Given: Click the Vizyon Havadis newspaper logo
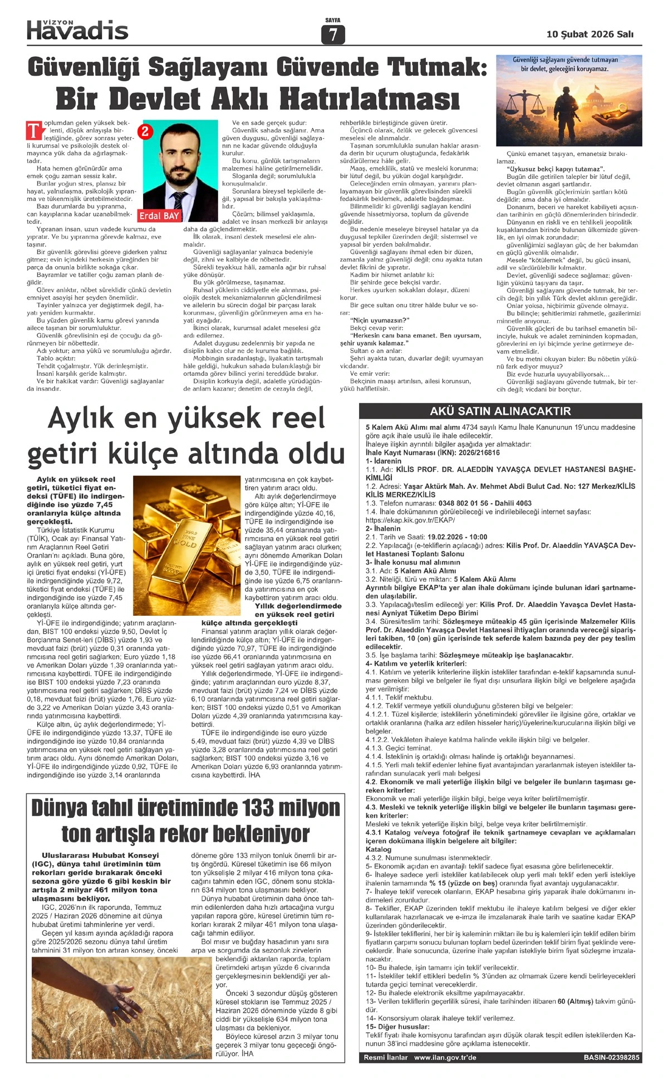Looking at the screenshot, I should pyautogui.click(x=77, y=30).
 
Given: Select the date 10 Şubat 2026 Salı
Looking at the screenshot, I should pyautogui.click(x=590, y=35).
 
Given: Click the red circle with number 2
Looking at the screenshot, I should pyautogui.click(x=145, y=131).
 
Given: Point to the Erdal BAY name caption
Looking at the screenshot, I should pyautogui.click(x=159, y=215).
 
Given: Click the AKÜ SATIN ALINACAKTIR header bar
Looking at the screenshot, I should pyautogui.click(x=500, y=411).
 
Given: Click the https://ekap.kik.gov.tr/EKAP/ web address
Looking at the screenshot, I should pyautogui.click(x=410, y=520).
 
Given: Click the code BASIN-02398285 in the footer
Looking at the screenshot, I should pyautogui.click(x=611, y=1057).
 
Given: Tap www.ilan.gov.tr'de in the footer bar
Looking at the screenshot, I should pyautogui.click(x=445, y=1057).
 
